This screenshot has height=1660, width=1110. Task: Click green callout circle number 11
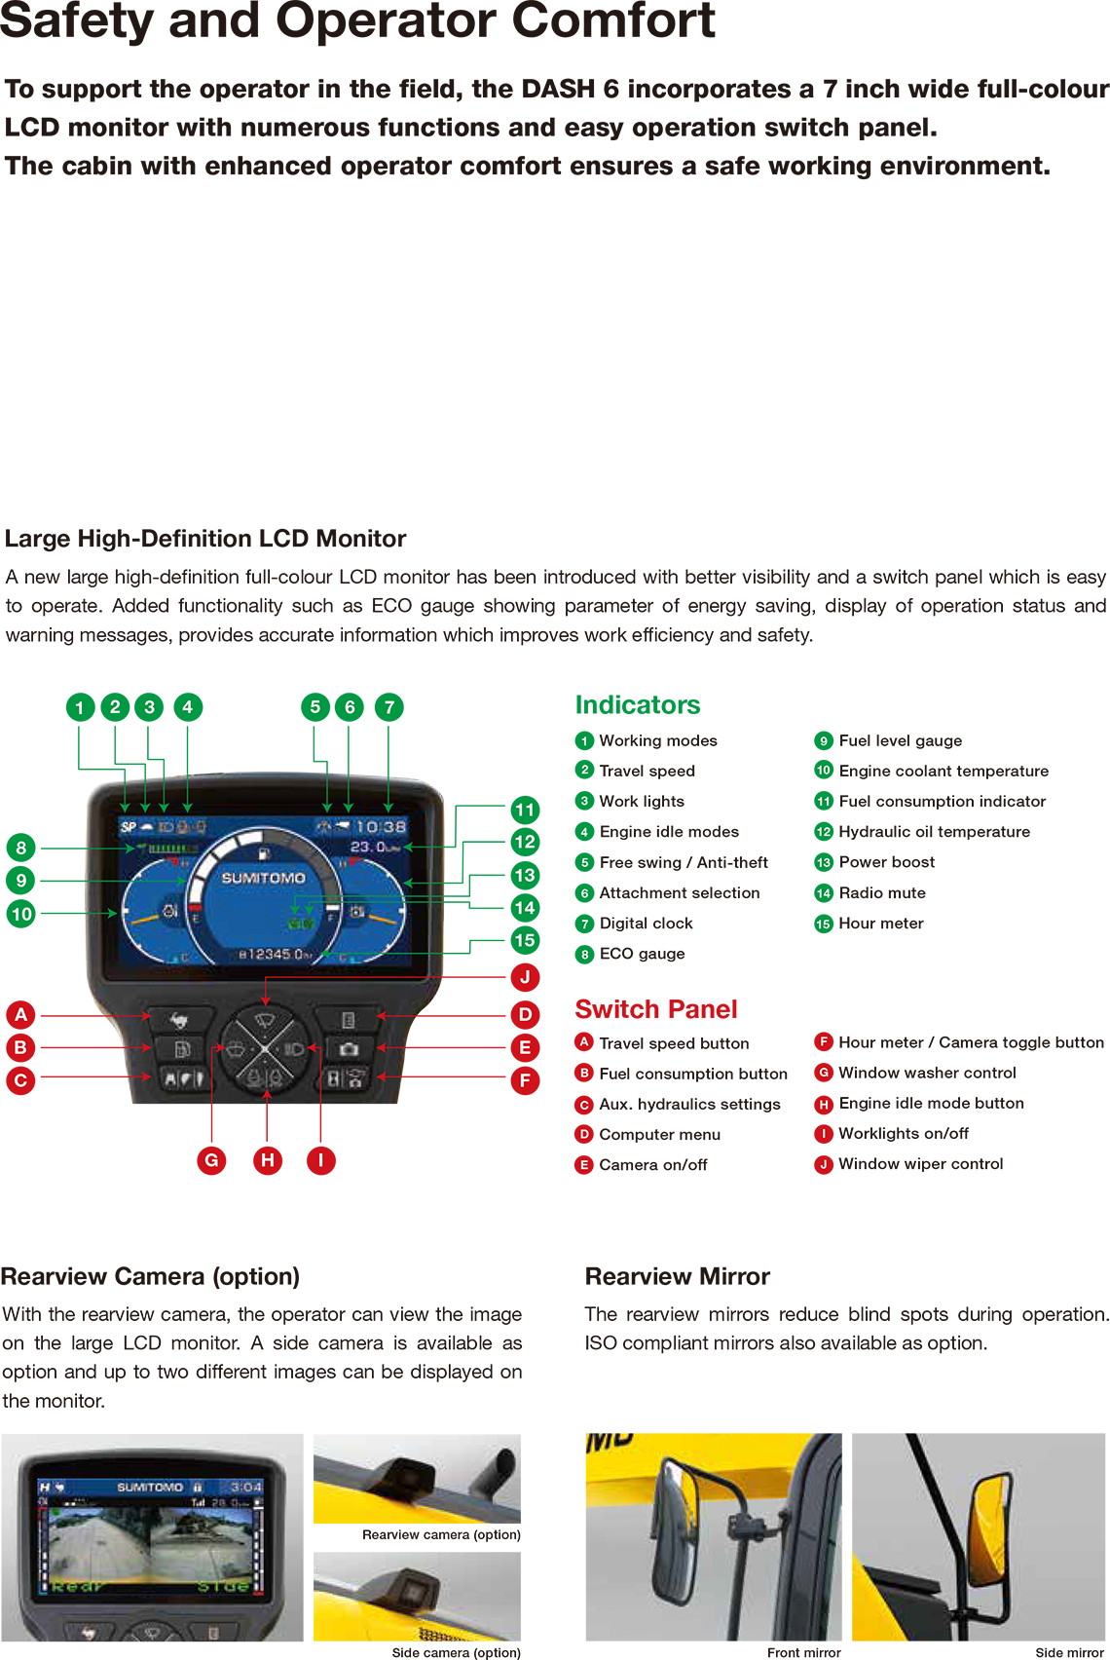(525, 810)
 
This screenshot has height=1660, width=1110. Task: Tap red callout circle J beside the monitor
(525, 977)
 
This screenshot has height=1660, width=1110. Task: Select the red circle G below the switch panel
(211, 1160)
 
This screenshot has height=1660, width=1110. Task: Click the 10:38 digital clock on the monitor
(381, 827)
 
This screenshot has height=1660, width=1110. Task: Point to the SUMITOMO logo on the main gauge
(263, 878)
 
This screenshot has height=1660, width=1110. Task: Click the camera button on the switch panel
(349, 1049)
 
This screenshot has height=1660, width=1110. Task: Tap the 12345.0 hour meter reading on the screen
(277, 954)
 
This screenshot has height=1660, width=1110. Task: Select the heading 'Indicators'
(638, 704)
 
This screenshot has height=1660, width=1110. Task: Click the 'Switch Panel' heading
(655, 1009)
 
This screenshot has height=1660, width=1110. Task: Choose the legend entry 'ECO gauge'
(642, 954)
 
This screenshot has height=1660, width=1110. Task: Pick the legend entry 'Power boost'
(886, 862)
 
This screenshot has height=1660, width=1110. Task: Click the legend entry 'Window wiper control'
(920, 1164)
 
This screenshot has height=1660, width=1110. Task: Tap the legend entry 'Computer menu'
(659, 1135)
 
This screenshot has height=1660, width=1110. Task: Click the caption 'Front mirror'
(803, 1652)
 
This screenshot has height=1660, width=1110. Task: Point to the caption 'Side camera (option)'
(456, 1652)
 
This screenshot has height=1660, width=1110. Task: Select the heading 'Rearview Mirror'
(677, 1276)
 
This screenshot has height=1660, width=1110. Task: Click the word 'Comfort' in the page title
(613, 21)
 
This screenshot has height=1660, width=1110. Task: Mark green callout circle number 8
(21, 848)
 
